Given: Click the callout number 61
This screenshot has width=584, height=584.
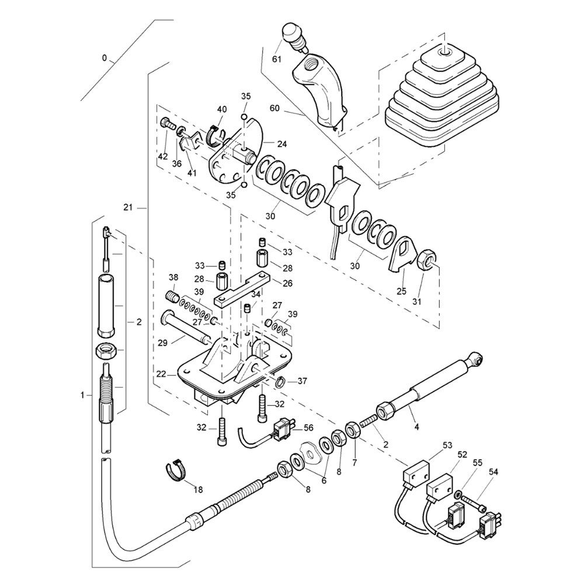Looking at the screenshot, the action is tap(277, 59).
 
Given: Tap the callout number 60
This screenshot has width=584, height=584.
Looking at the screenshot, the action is tap(274, 108).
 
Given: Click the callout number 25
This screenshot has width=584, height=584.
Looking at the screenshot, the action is tap(402, 291).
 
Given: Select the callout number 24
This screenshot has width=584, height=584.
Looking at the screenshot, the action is tap(282, 144).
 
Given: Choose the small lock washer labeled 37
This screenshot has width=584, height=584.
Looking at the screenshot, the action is tap(281, 381).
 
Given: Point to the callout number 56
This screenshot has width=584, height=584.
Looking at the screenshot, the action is tap(308, 428).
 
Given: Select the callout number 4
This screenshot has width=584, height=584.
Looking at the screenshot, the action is tap(417, 427).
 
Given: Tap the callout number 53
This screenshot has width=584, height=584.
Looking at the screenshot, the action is tap(447, 445).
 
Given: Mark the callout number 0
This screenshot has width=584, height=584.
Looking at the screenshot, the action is tap(105, 58).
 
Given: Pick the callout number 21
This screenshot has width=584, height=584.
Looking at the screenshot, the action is tap(128, 207).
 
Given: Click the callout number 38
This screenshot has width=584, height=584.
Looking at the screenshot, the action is tap(173, 277).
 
